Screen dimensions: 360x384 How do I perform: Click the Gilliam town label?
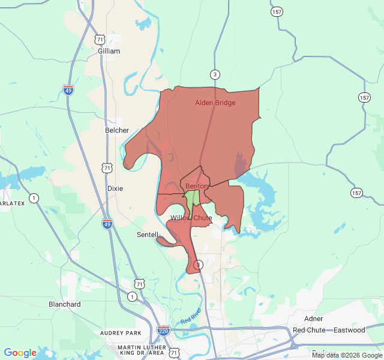[109, 51]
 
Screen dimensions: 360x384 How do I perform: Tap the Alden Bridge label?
[215, 103]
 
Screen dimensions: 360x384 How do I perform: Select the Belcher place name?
[116, 130]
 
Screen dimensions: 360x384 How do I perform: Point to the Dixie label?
[115, 188]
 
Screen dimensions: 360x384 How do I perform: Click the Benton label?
[196, 186]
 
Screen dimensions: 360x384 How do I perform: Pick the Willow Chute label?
[191, 218]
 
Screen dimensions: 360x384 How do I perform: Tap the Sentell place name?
[148, 234]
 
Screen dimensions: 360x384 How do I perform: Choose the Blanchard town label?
[65, 304]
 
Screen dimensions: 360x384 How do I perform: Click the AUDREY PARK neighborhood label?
[121, 332]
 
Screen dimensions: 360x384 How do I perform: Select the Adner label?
[314, 319]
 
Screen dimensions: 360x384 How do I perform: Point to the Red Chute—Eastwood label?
[329, 330]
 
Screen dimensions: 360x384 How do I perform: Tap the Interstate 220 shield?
[163, 331]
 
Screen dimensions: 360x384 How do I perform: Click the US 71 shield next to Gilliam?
[100, 39]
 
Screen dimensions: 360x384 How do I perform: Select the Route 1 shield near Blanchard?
[131, 296]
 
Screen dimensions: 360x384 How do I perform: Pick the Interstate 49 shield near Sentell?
[107, 224]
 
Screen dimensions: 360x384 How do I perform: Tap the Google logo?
[20, 353]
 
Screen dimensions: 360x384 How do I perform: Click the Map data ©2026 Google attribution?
[347, 355]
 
